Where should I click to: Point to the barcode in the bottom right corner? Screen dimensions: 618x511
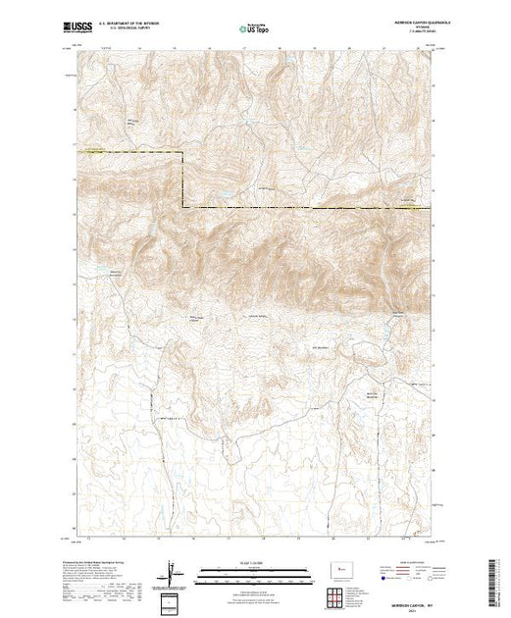[493, 579]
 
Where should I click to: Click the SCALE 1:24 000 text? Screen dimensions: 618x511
[254, 562]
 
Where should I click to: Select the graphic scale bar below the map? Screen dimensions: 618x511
[254, 570]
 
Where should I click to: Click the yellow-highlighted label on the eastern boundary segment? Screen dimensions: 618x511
[410, 204]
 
